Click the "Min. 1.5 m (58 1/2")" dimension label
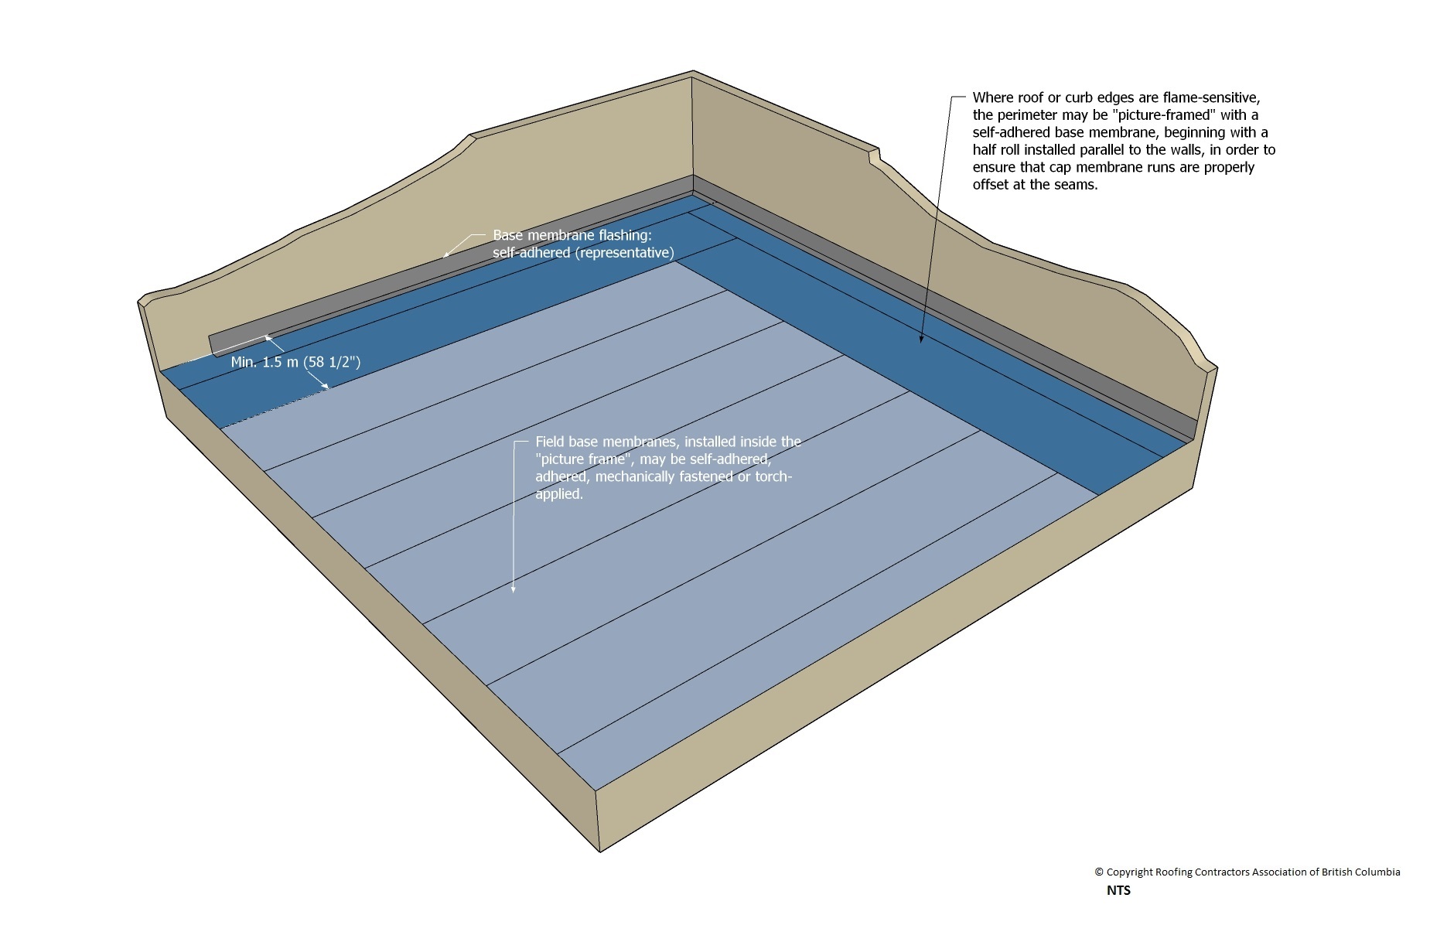295,362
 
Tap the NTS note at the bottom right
1118,890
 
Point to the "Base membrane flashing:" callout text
572,235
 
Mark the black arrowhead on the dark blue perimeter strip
921,339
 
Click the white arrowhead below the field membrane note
513,589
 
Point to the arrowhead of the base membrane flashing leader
445,254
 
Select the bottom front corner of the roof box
599,851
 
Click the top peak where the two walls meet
692,73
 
